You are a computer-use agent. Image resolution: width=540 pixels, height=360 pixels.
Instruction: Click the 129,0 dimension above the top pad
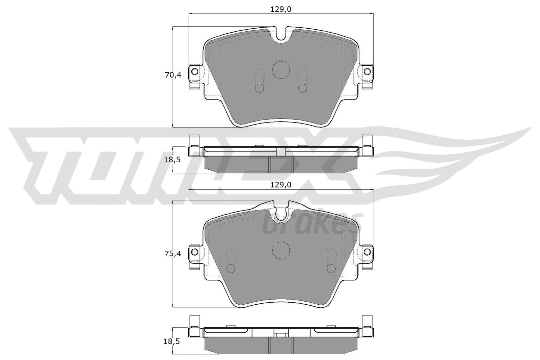[281, 9]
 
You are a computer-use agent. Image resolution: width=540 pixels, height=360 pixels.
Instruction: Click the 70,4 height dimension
[173, 75]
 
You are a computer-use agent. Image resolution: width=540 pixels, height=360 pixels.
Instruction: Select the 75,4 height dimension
[173, 253]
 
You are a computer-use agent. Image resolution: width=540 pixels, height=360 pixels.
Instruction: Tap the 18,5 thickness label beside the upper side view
[172, 160]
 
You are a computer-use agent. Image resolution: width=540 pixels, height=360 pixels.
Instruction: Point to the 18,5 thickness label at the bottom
[172, 341]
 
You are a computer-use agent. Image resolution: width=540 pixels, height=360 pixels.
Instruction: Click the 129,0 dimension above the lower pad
[281, 185]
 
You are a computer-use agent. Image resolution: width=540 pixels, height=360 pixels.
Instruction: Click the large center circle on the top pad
[281, 70]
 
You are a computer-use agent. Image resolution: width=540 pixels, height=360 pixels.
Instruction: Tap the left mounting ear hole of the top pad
[194, 71]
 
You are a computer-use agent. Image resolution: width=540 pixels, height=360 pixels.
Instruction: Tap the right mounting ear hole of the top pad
[368, 71]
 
